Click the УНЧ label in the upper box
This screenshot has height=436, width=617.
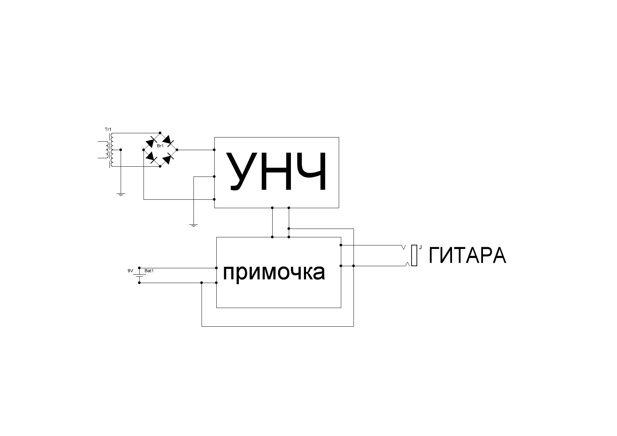tap(277, 172)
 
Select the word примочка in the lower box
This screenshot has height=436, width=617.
tap(274, 272)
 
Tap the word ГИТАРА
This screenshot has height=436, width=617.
tap(467, 256)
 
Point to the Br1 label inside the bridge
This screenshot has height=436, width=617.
tap(160, 146)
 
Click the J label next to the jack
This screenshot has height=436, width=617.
tap(420, 248)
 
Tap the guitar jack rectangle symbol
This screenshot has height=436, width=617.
tap(414, 256)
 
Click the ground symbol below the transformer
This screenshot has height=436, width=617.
tap(121, 194)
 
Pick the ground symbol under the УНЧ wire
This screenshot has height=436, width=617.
tap(193, 225)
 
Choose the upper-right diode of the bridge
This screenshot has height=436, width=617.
tap(168, 141)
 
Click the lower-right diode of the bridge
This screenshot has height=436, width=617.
tap(168, 158)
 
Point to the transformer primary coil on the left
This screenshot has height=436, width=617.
tap(104, 150)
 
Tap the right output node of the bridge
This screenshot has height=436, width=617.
tap(177, 150)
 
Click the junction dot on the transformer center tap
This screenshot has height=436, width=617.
tap(121, 150)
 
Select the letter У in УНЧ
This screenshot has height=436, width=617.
tap(241, 172)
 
